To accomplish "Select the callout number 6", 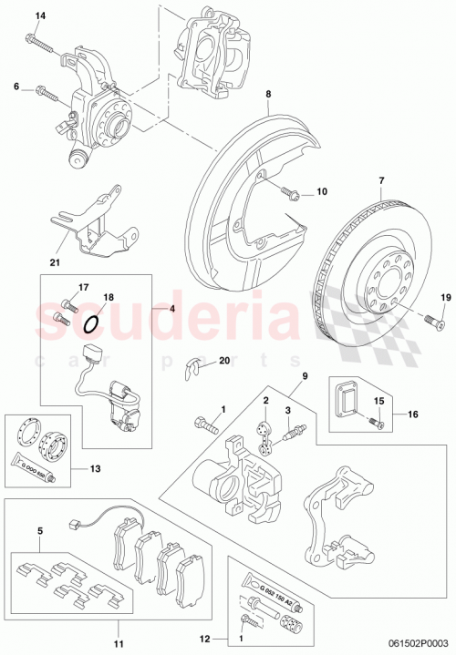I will pyautogui.click(x=16, y=87).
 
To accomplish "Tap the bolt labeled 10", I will pyautogui.click(x=293, y=192).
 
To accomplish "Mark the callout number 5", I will pyautogui.click(x=39, y=530).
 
